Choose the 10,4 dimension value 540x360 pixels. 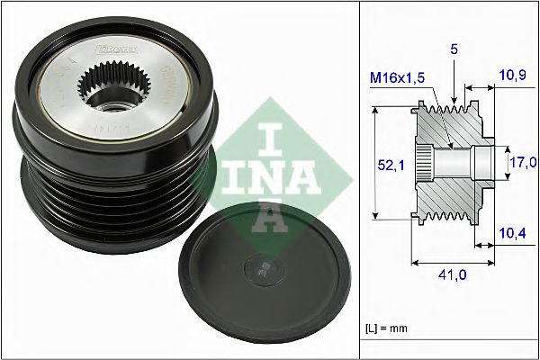513,234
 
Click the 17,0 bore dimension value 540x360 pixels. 522,162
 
